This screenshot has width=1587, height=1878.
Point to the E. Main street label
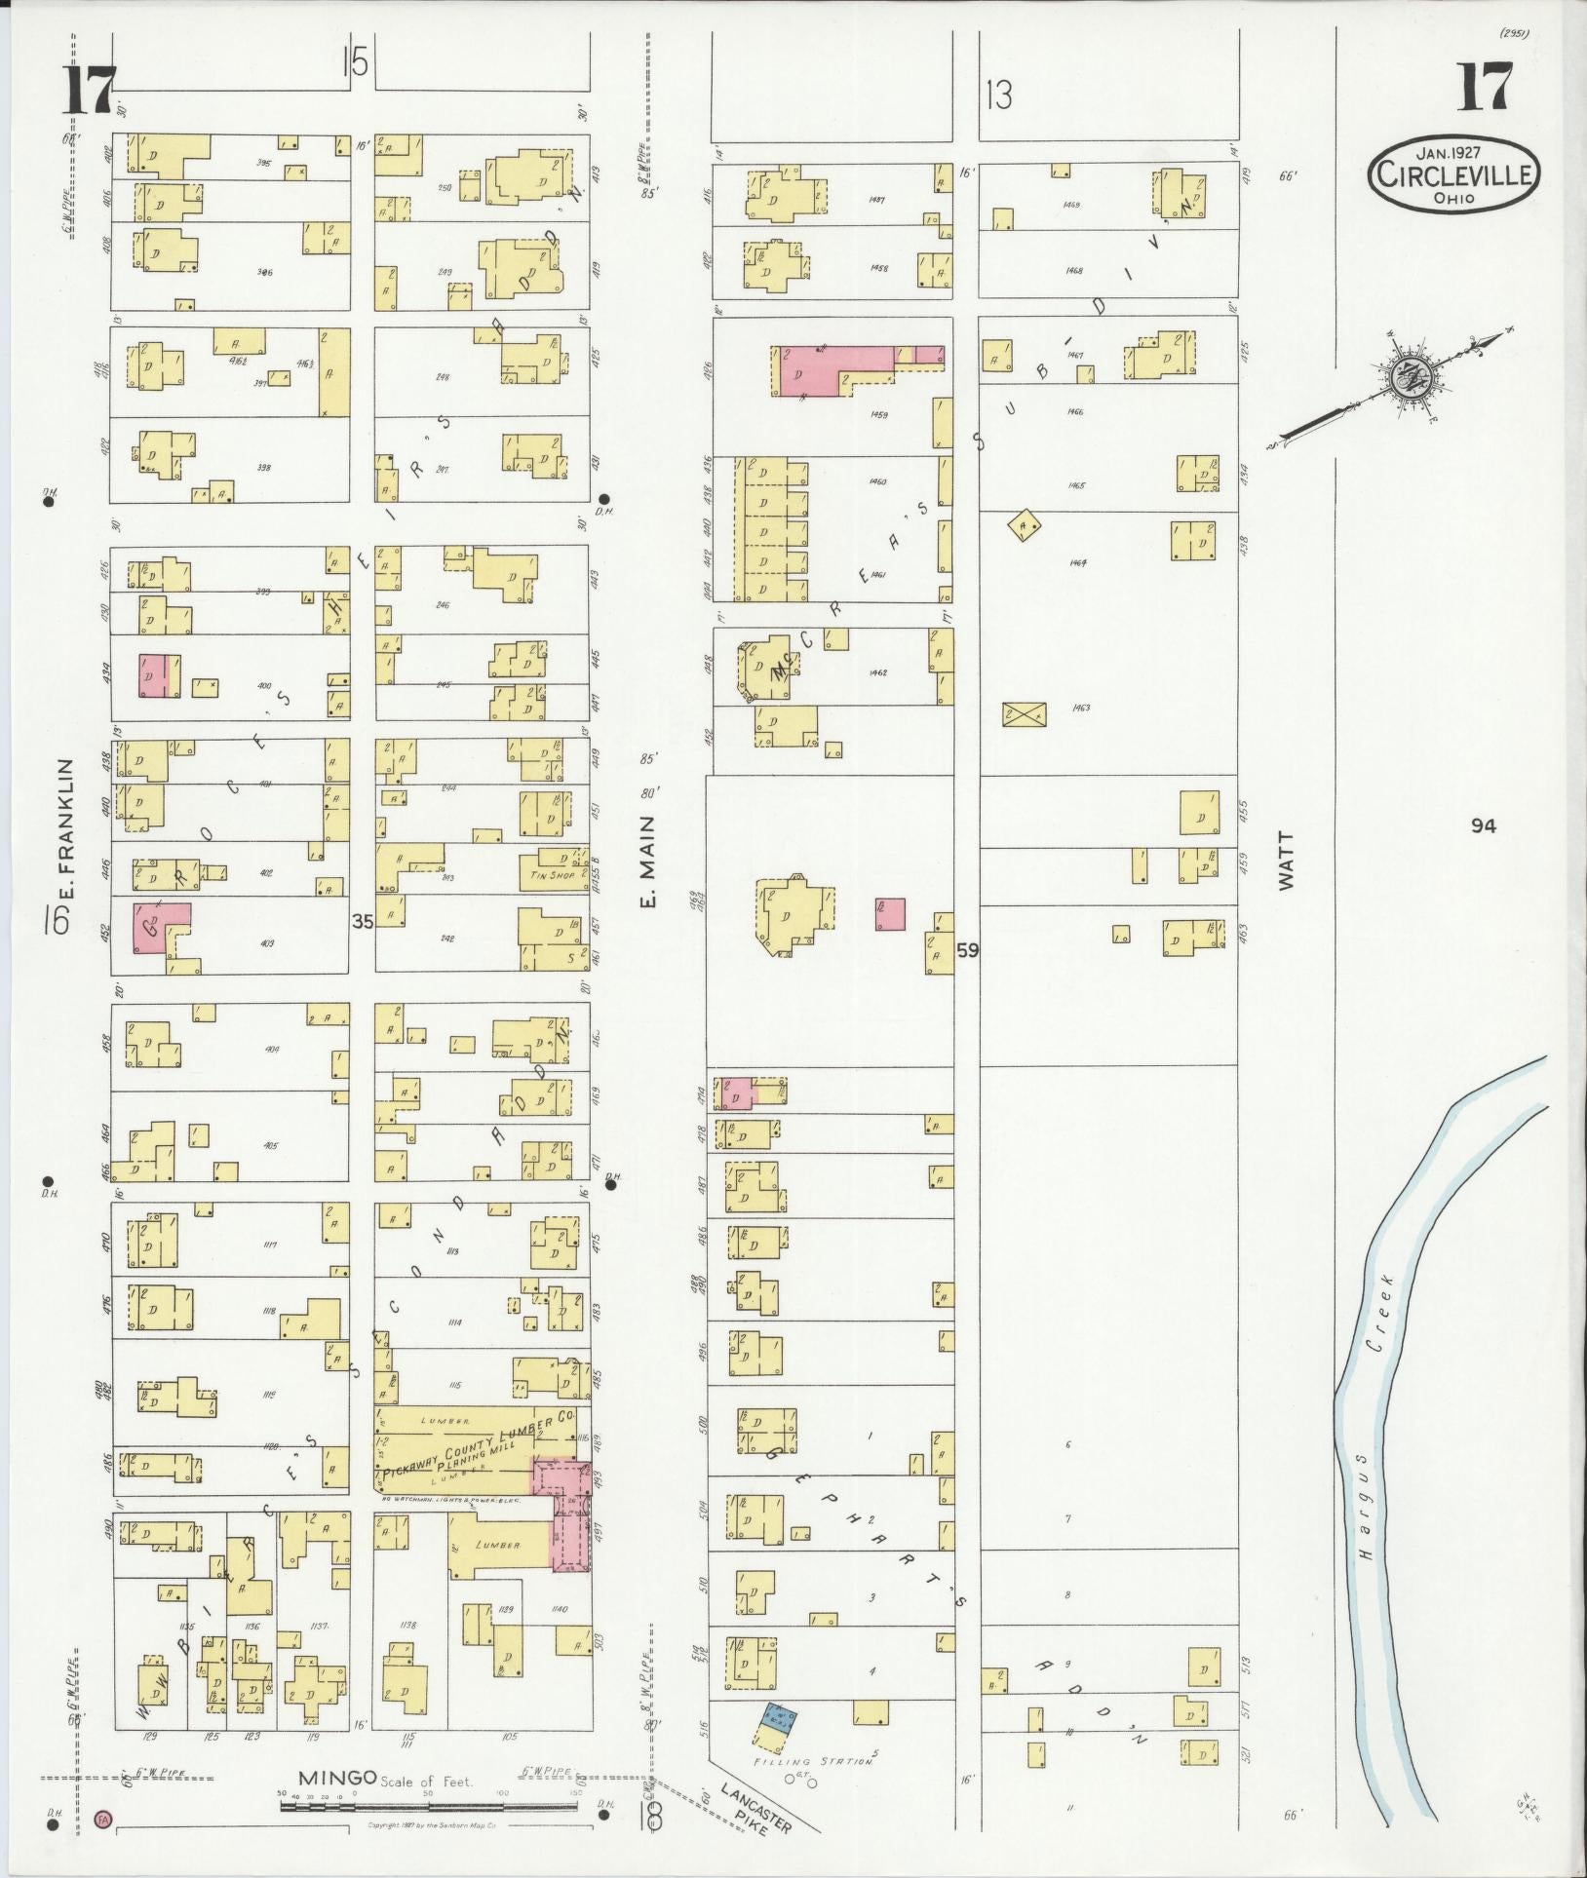point(647,860)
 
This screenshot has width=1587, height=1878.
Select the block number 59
point(967,948)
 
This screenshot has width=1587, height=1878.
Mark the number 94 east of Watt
point(1484,825)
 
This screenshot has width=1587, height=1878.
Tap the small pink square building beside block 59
point(890,913)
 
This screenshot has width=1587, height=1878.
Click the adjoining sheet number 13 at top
point(998,95)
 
